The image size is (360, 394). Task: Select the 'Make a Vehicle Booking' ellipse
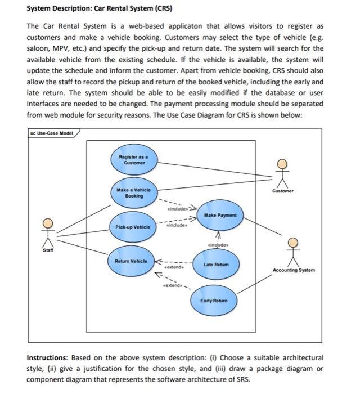tap(131, 193)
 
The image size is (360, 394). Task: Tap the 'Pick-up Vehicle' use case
tap(133, 226)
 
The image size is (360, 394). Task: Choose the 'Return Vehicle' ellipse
tap(131, 261)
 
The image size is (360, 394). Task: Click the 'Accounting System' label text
tap(294, 270)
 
